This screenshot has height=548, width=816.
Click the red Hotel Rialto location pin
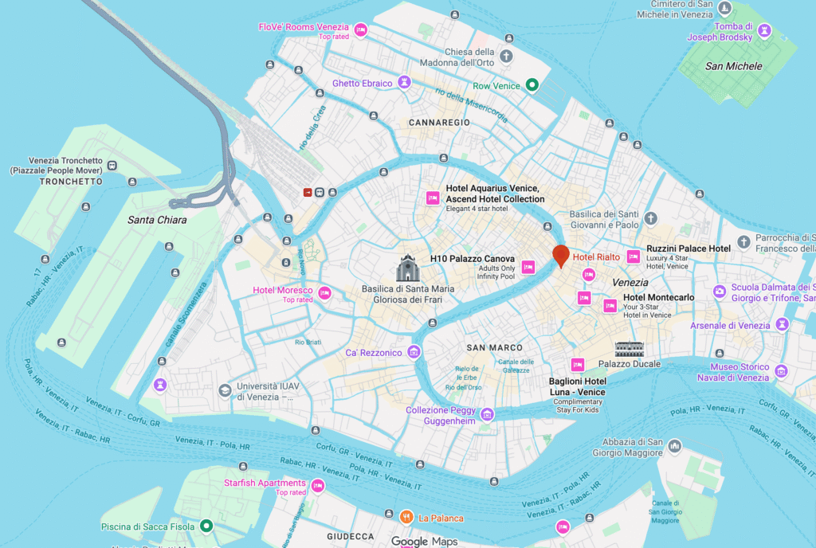click(561, 256)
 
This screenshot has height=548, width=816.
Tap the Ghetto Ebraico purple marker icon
click(405, 82)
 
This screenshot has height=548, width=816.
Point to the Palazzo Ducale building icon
click(629, 349)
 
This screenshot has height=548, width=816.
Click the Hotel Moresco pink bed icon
click(324, 293)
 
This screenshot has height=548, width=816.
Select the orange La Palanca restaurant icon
click(406, 518)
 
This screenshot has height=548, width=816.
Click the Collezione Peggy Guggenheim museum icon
click(487, 414)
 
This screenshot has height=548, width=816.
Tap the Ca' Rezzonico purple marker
click(414, 352)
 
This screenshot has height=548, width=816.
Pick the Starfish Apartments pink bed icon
click(318, 486)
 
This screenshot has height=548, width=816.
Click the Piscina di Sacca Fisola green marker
click(206, 526)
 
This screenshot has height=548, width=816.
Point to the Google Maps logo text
click(424, 542)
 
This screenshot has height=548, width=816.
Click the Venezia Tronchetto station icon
click(112, 166)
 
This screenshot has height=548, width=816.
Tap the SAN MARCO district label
click(494, 347)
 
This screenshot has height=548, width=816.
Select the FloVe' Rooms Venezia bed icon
click(360, 30)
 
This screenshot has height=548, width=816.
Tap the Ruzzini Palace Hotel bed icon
click(634, 256)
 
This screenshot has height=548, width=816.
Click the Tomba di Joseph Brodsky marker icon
click(765, 30)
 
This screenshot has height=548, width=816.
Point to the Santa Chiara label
click(157, 220)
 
